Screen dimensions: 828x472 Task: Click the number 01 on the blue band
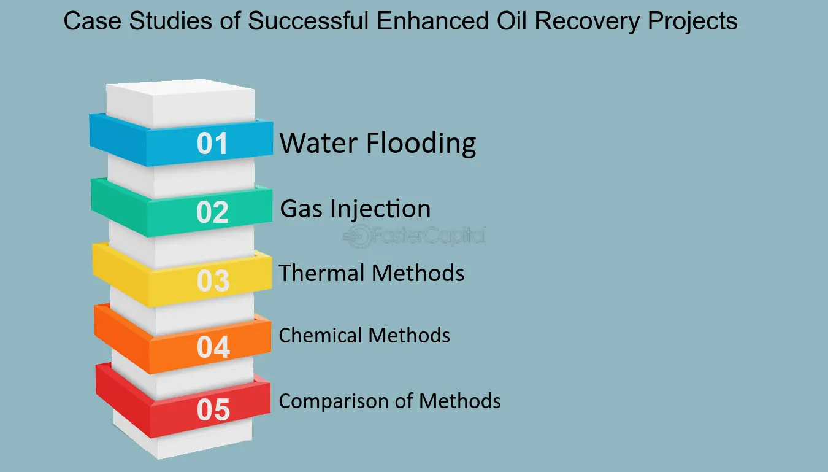point(212,143)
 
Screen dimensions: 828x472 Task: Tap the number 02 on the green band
point(212,212)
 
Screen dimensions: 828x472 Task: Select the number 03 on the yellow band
point(213,280)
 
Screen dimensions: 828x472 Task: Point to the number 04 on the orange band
point(213,347)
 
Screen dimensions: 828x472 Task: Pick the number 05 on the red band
point(213,409)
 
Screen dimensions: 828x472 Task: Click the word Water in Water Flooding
point(318,143)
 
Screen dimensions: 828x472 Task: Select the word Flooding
point(421,144)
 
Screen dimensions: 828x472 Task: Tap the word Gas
point(301,209)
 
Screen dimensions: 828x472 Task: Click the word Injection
point(380,210)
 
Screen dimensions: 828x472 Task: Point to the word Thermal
point(321,273)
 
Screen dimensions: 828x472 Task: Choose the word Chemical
point(320,336)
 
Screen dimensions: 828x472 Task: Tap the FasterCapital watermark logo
point(414,236)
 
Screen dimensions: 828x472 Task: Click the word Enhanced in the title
point(432,21)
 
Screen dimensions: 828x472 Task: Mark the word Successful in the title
point(308,21)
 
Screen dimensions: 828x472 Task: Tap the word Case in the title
point(93,21)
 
